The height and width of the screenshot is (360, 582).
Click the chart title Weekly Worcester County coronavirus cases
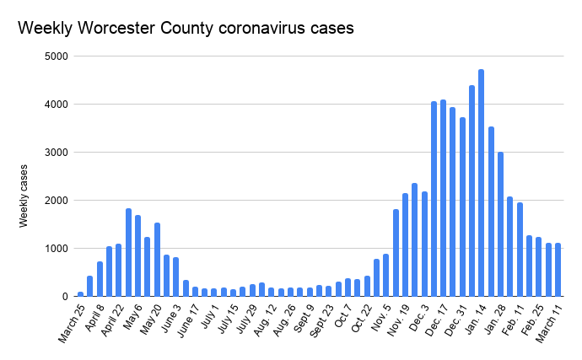click(x=186, y=28)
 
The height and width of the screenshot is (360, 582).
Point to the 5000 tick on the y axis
click(x=57, y=56)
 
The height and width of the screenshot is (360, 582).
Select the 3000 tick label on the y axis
click(x=57, y=153)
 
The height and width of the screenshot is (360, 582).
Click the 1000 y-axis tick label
click(x=57, y=249)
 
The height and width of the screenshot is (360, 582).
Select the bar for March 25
click(x=81, y=294)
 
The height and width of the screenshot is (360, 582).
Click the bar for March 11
click(x=558, y=270)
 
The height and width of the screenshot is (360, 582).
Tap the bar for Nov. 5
click(x=385, y=275)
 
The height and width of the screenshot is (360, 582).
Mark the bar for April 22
click(x=119, y=270)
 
